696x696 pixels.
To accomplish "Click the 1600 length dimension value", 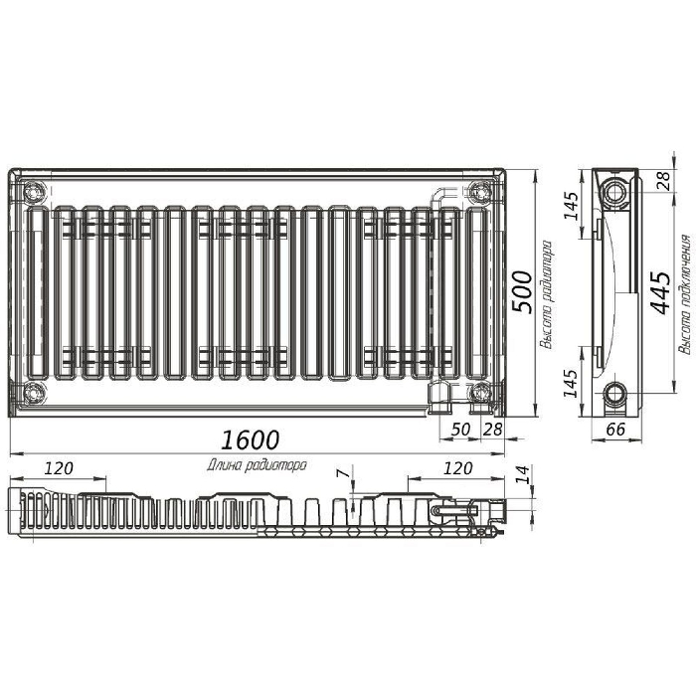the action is (x=250, y=439).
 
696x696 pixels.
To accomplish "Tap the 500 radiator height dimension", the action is (x=522, y=291).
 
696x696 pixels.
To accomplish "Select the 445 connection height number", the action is (x=660, y=292).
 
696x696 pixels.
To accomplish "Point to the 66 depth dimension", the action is (x=615, y=430).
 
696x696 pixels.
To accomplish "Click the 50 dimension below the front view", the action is (x=460, y=430).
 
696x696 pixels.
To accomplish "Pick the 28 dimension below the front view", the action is (x=493, y=430).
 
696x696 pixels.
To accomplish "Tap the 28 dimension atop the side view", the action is (x=663, y=181).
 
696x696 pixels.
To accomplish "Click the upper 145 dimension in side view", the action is (x=572, y=206).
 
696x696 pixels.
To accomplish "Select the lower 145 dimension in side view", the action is (x=572, y=383).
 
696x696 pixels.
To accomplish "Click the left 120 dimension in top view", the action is (x=59, y=468).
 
